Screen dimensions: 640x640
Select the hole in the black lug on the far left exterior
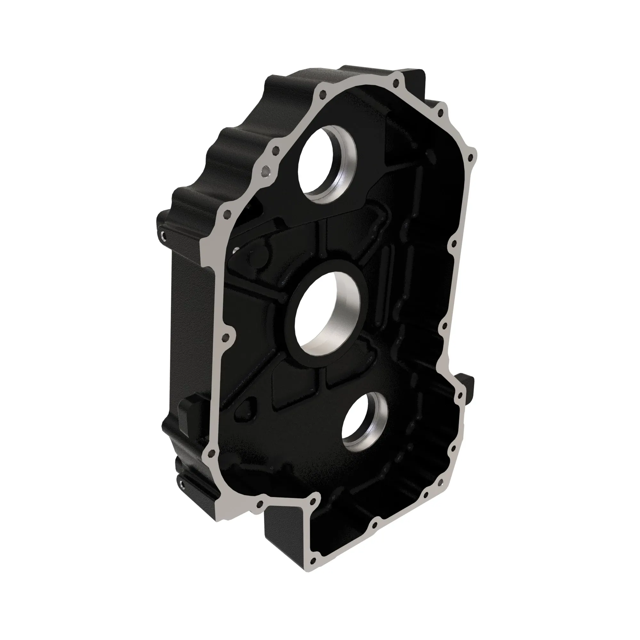(163, 236)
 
